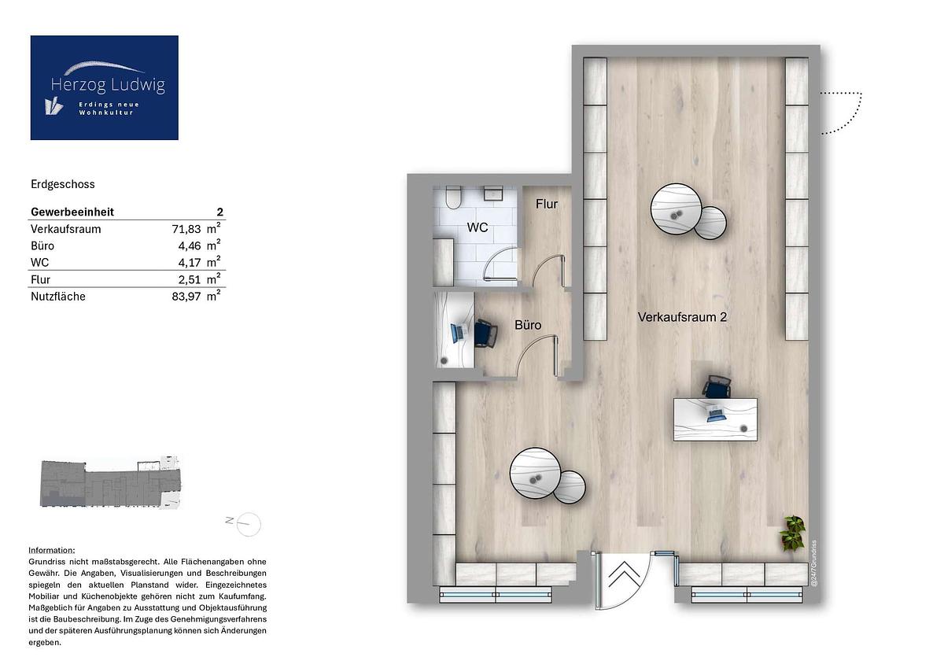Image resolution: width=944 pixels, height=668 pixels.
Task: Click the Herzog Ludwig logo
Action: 104,87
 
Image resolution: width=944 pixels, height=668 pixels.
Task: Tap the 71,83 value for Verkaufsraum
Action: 186,229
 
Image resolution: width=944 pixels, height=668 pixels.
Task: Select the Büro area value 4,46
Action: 190,246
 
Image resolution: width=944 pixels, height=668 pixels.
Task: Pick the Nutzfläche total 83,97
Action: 186,297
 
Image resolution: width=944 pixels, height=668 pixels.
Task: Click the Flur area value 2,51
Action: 190,280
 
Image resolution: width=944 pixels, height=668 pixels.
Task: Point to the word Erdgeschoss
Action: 63,184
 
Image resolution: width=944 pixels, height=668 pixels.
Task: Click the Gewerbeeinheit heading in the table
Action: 72,212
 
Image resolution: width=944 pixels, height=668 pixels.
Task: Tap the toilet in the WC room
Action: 454,197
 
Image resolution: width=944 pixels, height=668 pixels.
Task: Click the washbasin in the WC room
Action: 493,193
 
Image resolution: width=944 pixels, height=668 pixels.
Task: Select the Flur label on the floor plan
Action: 547,204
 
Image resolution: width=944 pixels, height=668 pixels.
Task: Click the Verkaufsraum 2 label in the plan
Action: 682,317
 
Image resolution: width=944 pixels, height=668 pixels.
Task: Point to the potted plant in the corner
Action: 792,533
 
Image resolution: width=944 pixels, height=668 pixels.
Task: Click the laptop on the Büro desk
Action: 457,333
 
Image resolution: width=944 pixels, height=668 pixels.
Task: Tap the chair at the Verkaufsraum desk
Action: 717,386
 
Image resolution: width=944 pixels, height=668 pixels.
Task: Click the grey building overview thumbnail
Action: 110,482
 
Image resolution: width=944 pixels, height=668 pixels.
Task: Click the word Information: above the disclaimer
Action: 52,550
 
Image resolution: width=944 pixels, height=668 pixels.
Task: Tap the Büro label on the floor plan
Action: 528,325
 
